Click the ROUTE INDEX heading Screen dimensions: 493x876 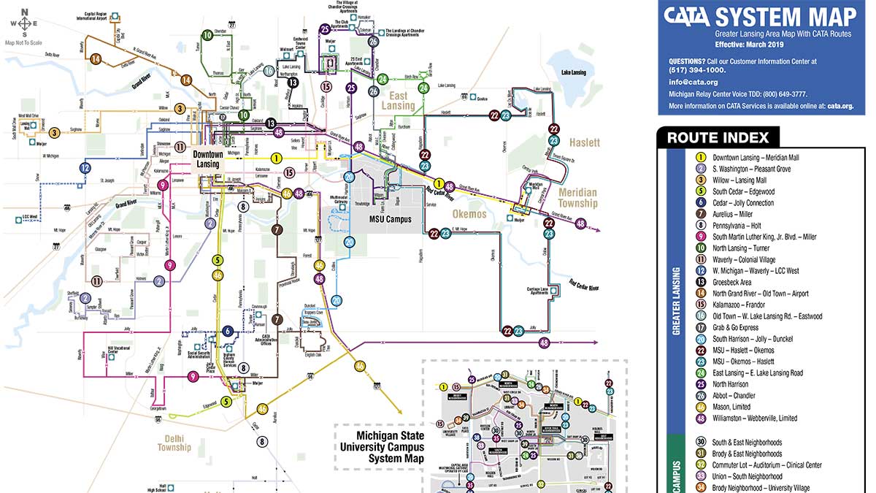[x=718, y=137]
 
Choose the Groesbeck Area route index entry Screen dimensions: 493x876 [x=743, y=282]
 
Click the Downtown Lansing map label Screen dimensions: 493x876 [x=207, y=159]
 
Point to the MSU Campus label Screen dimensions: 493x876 [x=391, y=219]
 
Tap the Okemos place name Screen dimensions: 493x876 [x=469, y=214]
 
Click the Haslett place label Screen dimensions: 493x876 [x=585, y=142]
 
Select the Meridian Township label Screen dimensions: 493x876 [x=578, y=198]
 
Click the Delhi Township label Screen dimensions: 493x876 [x=174, y=443]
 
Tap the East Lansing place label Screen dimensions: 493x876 [x=398, y=101]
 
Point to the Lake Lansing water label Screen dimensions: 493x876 [x=575, y=73]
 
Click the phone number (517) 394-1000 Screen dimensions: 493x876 [x=697, y=70]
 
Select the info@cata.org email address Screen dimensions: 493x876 [x=688, y=82]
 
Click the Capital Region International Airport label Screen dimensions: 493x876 [x=101, y=15]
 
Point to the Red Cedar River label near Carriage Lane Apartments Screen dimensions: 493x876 [x=584, y=286]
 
